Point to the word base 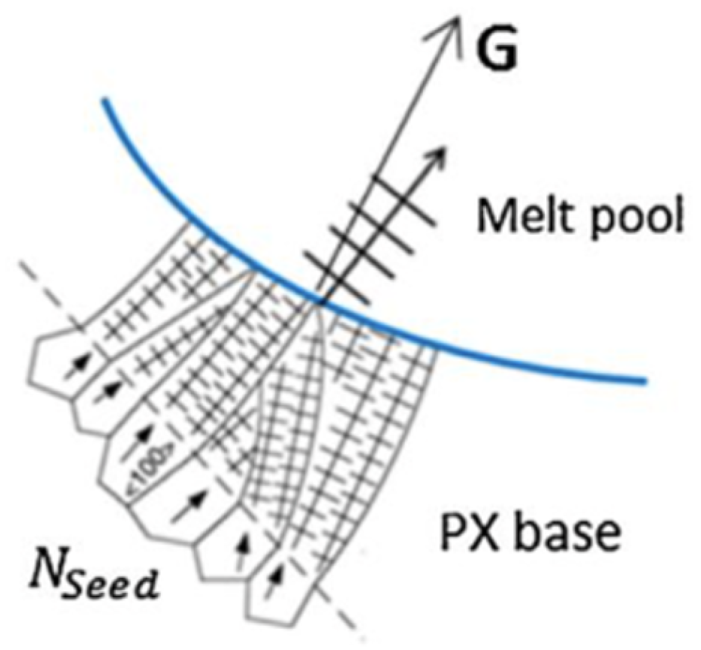pos(559,532)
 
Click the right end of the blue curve pos(645,381)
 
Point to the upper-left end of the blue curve pos(104,100)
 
